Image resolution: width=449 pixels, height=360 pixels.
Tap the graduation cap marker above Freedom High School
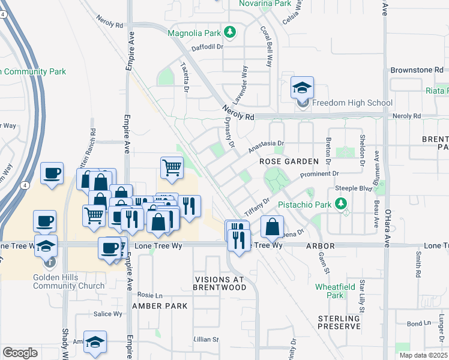pyautogui.click(x=302, y=88)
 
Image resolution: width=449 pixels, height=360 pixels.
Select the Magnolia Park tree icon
pyautogui.click(x=229, y=32)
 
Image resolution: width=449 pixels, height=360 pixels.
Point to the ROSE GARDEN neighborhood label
pyautogui.click(x=288, y=162)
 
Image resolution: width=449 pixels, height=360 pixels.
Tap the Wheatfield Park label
pyautogui.click(x=330, y=291)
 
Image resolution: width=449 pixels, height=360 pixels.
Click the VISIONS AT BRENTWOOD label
pyautogui.click(x=220, y=284)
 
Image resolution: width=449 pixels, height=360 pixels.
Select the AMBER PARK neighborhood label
pyautogui.click(x=160, y=305)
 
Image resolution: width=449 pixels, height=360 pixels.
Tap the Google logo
pyautogui.click(x=20, y=353)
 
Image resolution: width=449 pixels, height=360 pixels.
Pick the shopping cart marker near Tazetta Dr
pyautogui.click(x=172, y=168)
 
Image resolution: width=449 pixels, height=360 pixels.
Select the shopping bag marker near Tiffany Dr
pyautogui.click(x=272, y=227)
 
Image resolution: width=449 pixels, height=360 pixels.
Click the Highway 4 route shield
pyautogui.click(x=24, y=186)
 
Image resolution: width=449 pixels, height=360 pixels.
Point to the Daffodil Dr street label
pyautogui.click(x=207, y=47)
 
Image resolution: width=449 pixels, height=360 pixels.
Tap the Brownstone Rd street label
pyautogui.click(x=420, y=70)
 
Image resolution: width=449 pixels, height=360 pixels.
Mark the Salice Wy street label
pyautogui.click(x=107, y=314)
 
